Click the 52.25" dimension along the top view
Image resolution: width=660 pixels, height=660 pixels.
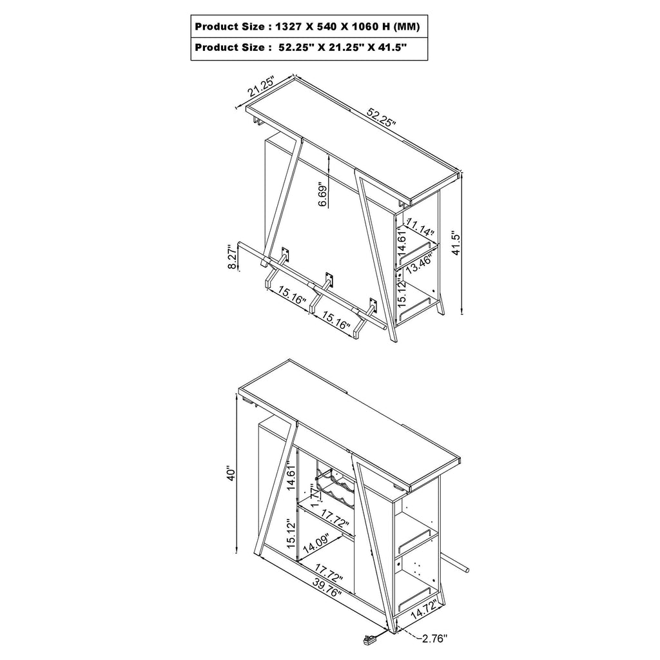(382, 117)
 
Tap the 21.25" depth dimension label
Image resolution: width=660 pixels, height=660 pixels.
(261, 86)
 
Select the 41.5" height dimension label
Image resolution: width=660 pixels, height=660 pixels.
(456, 242)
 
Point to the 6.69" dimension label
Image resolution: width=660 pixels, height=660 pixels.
(322, 194)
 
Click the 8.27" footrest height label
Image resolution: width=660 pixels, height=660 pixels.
(232, 257)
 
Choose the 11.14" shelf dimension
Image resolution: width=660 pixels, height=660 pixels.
(419, 228)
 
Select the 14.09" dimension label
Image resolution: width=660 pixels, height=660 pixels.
(316, 543)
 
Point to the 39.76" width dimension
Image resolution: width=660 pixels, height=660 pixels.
(327, 587)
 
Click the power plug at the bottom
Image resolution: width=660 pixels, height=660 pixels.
(367, 640)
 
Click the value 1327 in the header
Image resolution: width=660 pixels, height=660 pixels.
(288, 27)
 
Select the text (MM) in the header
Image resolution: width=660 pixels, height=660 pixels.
(406, 27)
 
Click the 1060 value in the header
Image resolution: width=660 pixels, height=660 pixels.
(365, 27)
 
